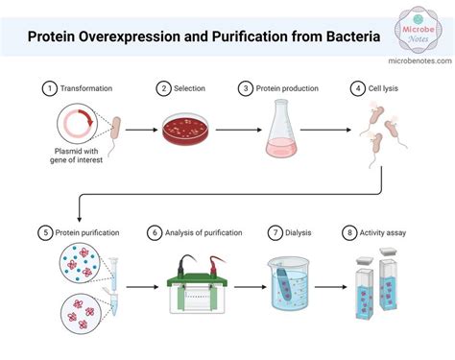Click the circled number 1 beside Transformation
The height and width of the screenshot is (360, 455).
tap(49, 89)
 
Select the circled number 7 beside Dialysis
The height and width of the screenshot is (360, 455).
tap(275, 232)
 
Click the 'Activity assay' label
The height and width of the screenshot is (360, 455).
tap(385, 232)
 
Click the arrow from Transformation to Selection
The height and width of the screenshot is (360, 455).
tap(140, 128)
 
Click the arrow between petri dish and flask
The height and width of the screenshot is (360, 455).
tap(229, 128)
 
